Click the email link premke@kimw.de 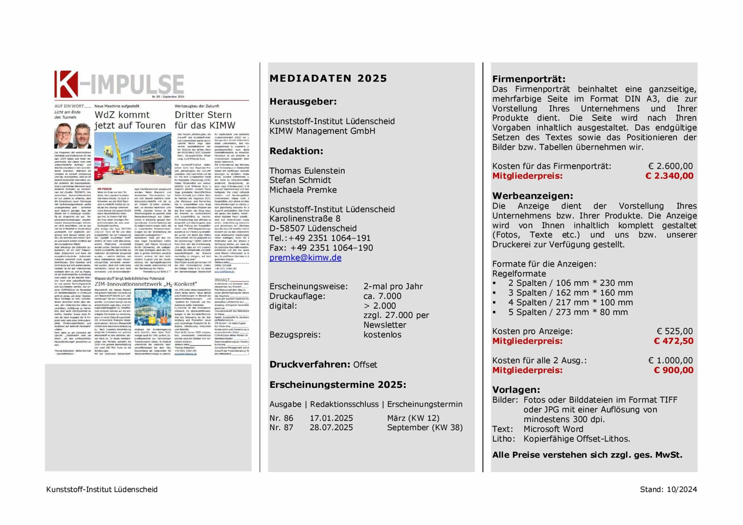305,258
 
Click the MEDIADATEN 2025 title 328,79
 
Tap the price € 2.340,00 669,176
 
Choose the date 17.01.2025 331,418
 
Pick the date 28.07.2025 331,427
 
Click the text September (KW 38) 425,427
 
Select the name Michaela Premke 303,190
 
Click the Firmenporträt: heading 529,79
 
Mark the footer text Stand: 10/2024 668,489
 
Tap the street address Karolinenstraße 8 305,219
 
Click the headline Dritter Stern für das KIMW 205,120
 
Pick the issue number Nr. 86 281,418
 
